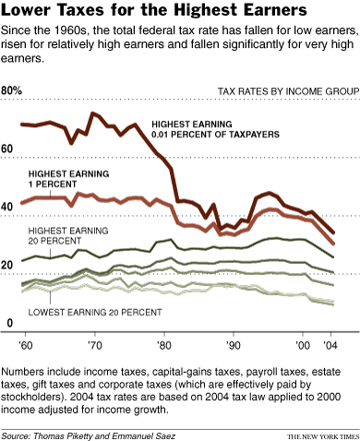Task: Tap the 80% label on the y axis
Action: click(13, 90)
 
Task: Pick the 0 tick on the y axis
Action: click(8, 322)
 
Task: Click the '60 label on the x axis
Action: click(27, 343)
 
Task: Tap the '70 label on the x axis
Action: click(93, 343)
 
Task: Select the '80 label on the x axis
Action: click(163, 343)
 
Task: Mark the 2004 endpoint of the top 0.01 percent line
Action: click(333, 232)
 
